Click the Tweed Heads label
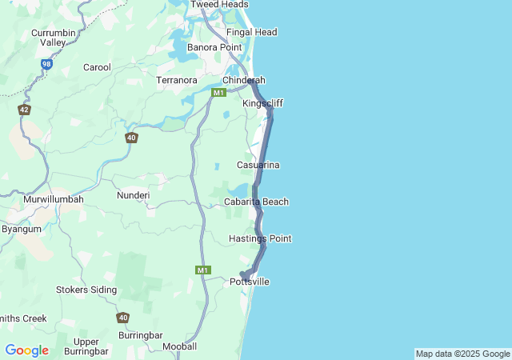click(218, 4)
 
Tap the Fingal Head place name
click(251, 32)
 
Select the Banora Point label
click(214, 48)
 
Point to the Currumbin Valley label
click(52, 37)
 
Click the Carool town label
click(97, 67)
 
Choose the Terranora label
click(177, 81)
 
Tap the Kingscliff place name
click(262, 104)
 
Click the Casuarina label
click(258, 165)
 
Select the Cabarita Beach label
click(256, 202)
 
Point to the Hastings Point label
click(259, 238)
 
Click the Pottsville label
click(250, 282)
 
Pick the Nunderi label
click(133, 195)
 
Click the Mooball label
click(179, 346)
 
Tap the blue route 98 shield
click(47, 63)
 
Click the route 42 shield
click(25, 110)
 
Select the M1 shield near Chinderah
click(218, 94)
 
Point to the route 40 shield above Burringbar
click(122, 318)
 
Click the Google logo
click(26, 350)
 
